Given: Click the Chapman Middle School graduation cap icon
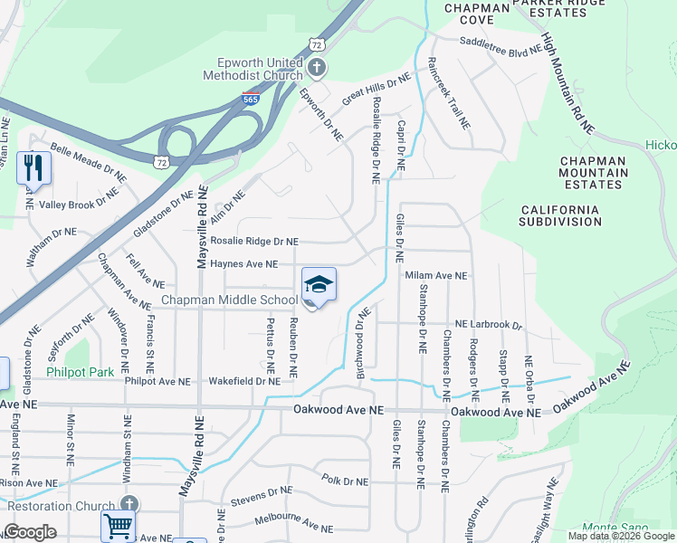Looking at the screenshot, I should [319, 286].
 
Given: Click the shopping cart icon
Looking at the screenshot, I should [118, 526].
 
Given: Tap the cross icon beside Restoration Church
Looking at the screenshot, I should [129, 504].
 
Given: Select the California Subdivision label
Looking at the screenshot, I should [559, 215].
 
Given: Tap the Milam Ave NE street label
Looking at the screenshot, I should [437, 276].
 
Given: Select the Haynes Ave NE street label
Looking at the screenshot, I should [243, 264].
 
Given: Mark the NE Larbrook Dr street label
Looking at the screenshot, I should [489, 324].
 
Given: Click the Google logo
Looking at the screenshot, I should [30, 532].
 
